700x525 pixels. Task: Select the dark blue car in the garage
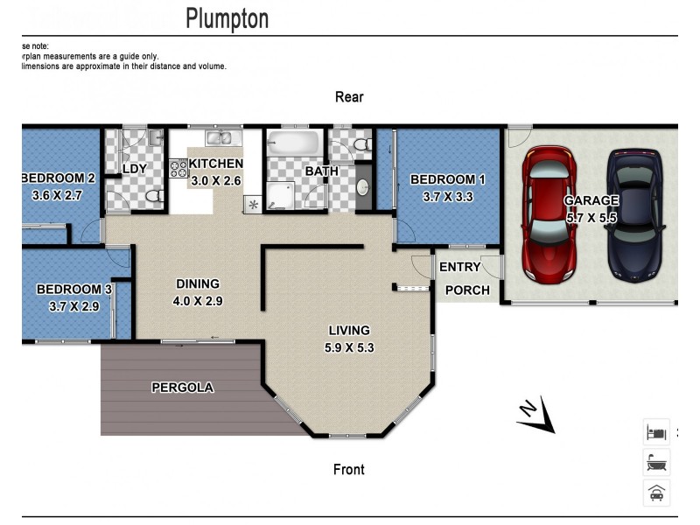coord(633,216)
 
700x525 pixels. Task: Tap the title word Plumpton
coord(227,18)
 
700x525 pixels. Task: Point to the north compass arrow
coord(535,416)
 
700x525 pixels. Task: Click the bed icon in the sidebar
coord(656,431)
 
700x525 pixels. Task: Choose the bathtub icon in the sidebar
coord(656,462)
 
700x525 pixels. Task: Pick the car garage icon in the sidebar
coord(656,493)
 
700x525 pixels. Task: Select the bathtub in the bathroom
coord(294,142)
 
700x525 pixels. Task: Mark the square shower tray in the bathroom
coord(282,196)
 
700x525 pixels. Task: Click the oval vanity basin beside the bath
coord(362,186)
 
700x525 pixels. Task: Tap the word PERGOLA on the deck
coord(182,387)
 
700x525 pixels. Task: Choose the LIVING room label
coord(349,330)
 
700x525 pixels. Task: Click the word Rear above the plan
coord(349,97)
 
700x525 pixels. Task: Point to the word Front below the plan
coord(349,470)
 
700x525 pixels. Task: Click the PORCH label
coord(467,290)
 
